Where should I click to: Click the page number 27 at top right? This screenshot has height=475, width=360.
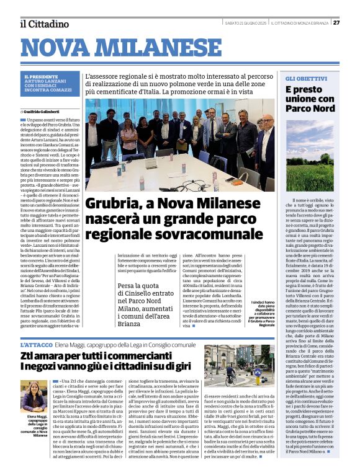[x=336, y=23]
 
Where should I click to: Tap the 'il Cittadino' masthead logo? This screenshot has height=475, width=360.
[x=44, y=24]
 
